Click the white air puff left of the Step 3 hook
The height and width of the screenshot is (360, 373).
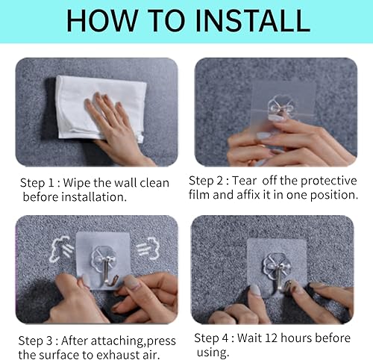tap(60, 246)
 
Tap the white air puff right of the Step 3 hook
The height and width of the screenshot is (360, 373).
tap(146, 246)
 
